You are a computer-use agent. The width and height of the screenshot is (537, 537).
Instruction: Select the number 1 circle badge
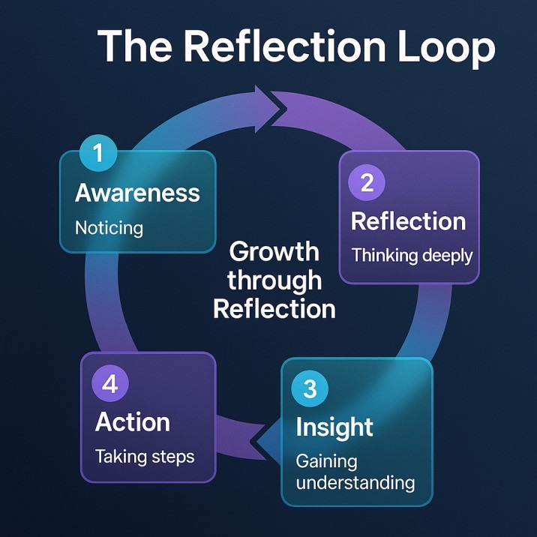(98, 153)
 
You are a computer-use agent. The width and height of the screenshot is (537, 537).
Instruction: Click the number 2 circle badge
(367, 182)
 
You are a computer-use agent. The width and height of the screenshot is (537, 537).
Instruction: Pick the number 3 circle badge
(310, 388)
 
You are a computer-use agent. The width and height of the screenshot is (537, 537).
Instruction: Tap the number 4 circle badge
(110, 384)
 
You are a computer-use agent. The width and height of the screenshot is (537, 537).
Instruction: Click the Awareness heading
(137, 193)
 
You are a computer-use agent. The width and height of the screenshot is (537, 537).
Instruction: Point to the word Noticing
(109, 226)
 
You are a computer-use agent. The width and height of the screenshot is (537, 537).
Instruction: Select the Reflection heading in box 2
(408, 221)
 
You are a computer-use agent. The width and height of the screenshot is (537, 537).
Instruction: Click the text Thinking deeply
(412, 255)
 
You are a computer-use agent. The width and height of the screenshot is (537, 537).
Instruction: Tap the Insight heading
(334, 427)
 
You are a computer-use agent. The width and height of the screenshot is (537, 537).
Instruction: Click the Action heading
(133, 421)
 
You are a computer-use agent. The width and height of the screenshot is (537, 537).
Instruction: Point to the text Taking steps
(144, 456)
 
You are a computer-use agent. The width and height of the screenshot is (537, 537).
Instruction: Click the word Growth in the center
(274, 251)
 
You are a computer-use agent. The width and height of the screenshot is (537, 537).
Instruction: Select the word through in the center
(274, 280)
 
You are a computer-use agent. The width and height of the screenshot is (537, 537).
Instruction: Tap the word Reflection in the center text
(274, 308)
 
